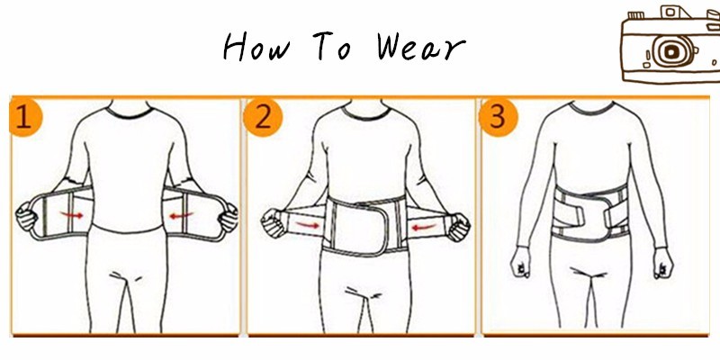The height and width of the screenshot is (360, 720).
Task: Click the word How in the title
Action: (x=257, y=46)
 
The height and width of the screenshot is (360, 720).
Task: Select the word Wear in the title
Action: (x=421, y=47)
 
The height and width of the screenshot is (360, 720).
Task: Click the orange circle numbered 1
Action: (x=26, y=118)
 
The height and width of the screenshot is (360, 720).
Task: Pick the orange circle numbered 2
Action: (x=263, y=118)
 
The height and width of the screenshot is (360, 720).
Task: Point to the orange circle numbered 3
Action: (x=499, y=118)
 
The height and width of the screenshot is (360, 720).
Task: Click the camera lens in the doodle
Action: (x=670, y=51)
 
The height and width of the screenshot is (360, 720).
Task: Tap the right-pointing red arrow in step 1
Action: (x=72, y=214)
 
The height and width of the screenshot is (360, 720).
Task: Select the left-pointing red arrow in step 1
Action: (x=182, y=215)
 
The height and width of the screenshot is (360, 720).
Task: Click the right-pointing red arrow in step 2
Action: (x=307, y=225)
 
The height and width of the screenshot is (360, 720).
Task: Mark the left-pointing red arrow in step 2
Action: (x=423, y=227)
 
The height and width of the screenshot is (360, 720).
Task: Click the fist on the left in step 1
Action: (x=26, y=217)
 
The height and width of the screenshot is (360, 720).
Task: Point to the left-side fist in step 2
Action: (x=274, y=223)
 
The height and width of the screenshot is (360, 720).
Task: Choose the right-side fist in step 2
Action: (x=459, y=227)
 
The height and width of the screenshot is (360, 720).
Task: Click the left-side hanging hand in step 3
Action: (x=520, y=262)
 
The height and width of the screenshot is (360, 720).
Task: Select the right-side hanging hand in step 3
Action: (x=663, y=263)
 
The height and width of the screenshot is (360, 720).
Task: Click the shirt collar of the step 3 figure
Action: (x=592, y=109)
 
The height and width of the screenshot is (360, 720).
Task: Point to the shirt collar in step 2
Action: (x=366, y=113)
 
